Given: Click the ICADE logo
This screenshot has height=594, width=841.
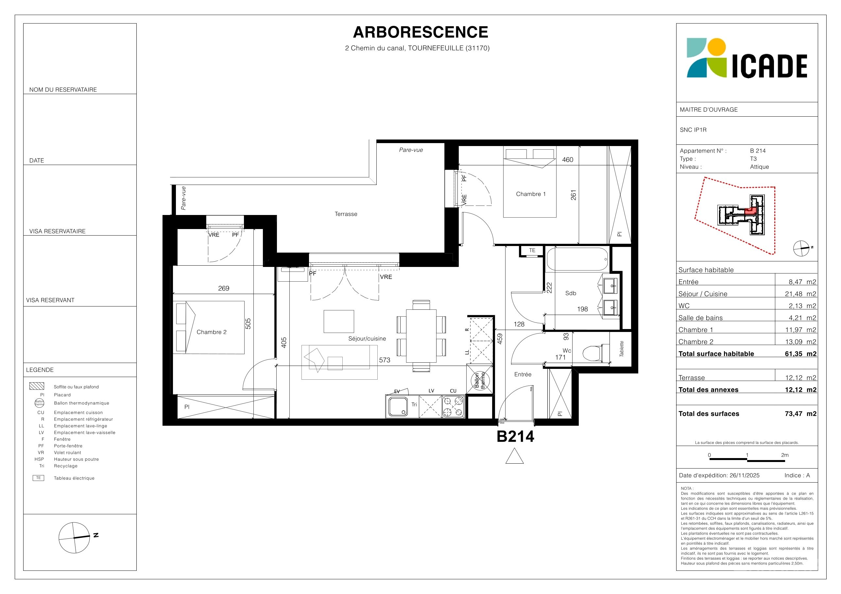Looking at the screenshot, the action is point(747,58).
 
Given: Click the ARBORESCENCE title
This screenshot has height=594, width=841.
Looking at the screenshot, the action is point(420,32).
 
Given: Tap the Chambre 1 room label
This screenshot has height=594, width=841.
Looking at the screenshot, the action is point(531,194).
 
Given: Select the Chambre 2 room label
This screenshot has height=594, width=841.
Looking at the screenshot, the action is point(211,332).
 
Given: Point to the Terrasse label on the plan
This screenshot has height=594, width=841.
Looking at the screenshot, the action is point(346,214).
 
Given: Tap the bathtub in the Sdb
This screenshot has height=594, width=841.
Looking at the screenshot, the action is point(577,259).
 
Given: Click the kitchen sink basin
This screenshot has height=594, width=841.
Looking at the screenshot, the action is point(398,406).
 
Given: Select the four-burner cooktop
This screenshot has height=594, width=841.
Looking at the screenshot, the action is point(454,406).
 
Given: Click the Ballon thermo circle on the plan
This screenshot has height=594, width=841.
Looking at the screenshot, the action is point(480,381).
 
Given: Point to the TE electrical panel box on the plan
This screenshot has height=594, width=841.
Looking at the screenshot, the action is point(532,250).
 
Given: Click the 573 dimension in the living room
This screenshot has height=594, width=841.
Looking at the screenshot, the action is point(385,360).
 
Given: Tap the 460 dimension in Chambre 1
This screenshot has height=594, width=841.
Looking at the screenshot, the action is point(568,159).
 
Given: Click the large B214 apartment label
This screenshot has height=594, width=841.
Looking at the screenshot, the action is point(515,436).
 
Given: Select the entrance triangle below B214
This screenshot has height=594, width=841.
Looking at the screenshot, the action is point(514,456).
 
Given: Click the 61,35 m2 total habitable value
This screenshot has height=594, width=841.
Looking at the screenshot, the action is point(800,354).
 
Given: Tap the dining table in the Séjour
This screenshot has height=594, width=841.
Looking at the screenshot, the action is point(421,336).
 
